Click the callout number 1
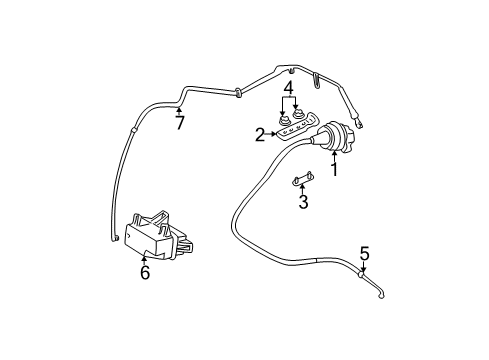click(x=335, y=169)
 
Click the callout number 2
click(x=259, y=133)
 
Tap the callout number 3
click(x=303, y=203)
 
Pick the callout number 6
click(x=145, y=272)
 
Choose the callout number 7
click(x=180, y=123)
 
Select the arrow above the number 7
click(x=180, y=110)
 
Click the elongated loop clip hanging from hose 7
click(x=320, y=79)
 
